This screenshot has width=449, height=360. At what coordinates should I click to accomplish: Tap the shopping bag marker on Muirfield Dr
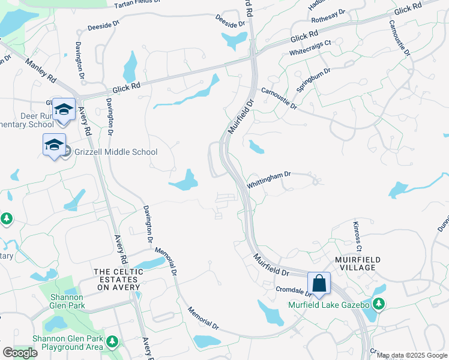point(319,283)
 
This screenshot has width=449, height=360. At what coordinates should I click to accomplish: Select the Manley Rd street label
point(41,71)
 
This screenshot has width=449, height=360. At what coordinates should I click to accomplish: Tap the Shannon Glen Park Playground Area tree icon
point(112,342)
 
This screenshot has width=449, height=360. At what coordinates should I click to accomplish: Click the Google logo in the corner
point(20,353)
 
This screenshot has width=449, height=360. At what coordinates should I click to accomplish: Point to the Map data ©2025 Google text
point(412,355)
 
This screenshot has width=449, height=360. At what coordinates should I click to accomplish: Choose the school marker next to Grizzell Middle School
point(54,145)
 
